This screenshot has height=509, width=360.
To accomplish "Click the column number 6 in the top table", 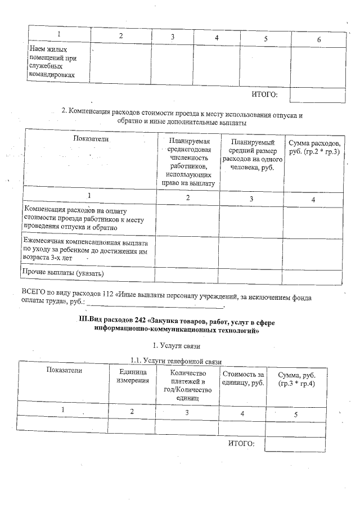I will pos(318,39).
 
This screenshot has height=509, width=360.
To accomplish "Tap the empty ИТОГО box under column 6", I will pos(317,95).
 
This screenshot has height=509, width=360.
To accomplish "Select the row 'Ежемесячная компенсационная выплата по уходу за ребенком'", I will pos(85,246).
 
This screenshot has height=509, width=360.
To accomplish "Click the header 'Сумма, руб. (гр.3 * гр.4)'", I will pos(296,379).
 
